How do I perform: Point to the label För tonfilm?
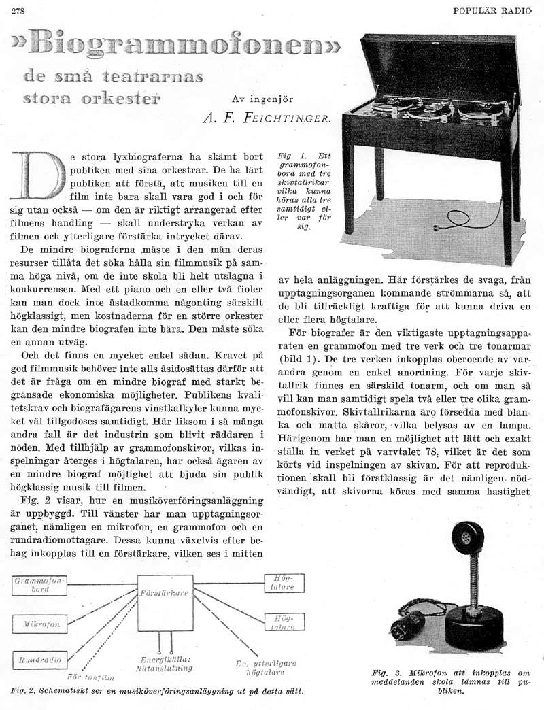click(x=88, y=677)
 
